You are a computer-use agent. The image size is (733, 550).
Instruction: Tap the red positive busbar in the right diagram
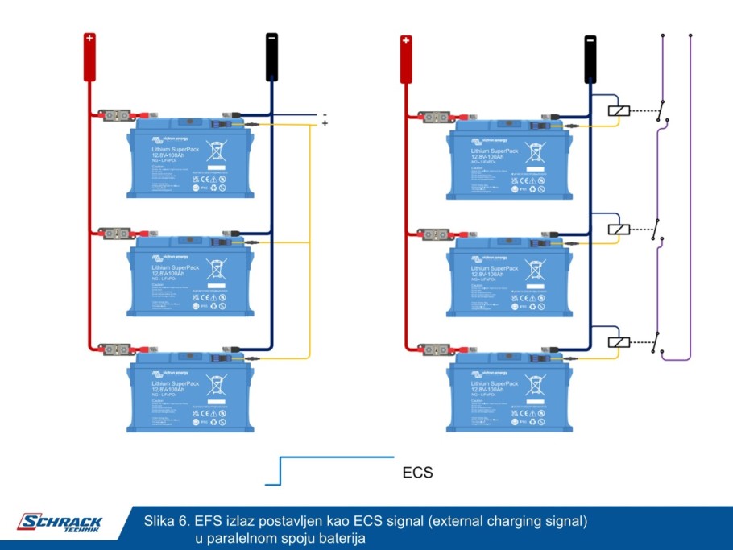[407, 59]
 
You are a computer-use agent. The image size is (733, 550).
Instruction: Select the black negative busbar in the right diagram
[590, 59]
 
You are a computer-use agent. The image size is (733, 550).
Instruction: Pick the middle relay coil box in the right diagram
[618, 229]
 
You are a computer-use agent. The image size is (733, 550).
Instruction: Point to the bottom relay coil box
[618, 341]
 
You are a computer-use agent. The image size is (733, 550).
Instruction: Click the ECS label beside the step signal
[417, 473]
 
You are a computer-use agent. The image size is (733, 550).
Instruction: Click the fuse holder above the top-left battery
[115, 115]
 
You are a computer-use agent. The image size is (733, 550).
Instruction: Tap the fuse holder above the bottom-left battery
[115, 349]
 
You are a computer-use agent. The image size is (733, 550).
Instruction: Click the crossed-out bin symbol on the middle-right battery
[533, 266]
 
